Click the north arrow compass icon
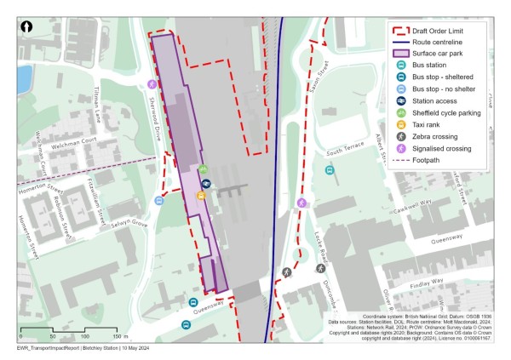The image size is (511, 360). tap(26, 27)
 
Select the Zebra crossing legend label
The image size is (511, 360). tap(439, 136)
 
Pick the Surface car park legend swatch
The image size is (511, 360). tap(396, 53)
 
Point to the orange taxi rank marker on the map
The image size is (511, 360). tap(201, 196)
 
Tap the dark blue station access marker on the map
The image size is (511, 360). tap(205, 183)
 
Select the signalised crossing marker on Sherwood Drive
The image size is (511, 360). tap(152, 84)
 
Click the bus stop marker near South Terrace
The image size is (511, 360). tap(330, 170)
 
